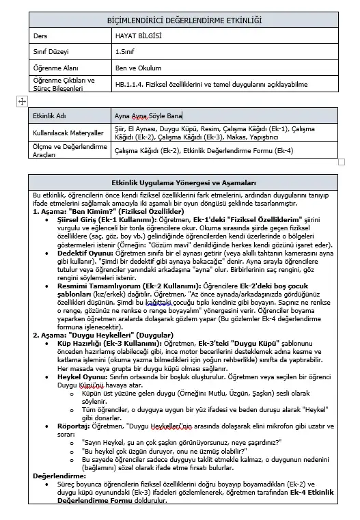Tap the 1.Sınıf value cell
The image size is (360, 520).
point(125,52)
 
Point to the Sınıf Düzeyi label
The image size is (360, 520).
point(52,52)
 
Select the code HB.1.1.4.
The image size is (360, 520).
point(130,84)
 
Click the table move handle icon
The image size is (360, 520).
point(21,101)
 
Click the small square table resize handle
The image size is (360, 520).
point(342,162)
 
